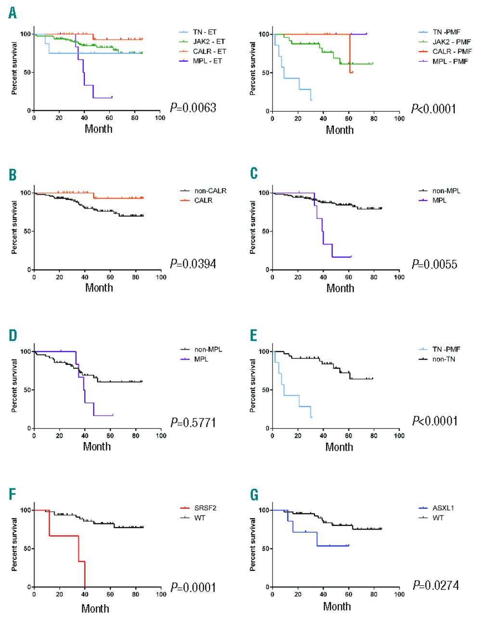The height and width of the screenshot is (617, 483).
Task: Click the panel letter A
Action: tap(13, 13)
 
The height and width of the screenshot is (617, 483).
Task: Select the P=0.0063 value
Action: tap(193, 108)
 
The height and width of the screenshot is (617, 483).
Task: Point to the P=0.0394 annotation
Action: tap(193, 264)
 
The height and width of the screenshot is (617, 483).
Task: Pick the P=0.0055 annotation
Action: tap(434, 264)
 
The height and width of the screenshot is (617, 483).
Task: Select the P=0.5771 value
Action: tap(193, 423)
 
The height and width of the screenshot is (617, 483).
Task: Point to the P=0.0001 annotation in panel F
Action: tap(193, 588)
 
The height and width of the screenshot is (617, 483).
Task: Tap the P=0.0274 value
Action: tap(436, 586)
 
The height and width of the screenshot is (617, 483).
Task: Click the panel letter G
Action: tap(254, 495)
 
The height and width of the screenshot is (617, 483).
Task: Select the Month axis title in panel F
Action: tap(95, 608)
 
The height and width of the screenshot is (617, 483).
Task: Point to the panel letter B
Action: tap(13, 174)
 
